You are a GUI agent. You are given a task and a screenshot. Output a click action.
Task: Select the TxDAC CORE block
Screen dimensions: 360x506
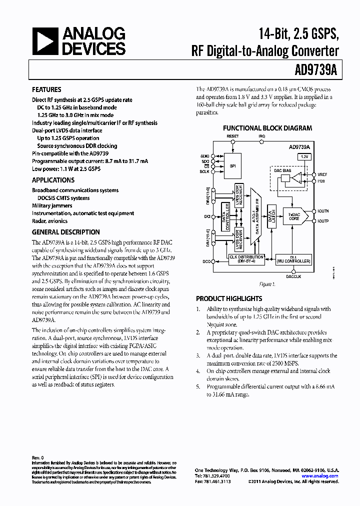293,216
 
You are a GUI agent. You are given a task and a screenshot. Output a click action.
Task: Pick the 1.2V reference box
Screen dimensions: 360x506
304,156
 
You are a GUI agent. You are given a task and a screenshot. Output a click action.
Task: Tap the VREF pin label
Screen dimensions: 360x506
322,175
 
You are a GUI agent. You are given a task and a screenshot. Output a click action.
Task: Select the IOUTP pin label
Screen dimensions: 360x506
323,221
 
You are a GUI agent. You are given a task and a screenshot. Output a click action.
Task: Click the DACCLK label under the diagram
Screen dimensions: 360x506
293,276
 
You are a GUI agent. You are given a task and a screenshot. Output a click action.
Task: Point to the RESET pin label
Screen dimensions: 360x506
232,136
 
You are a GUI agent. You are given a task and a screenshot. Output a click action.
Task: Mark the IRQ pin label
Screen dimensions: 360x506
262,136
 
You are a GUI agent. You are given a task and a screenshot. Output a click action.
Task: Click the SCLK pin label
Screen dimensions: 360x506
205,171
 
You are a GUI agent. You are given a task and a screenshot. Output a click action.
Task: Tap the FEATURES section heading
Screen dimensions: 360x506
46,90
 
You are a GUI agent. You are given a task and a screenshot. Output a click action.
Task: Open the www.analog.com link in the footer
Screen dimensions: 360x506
321,476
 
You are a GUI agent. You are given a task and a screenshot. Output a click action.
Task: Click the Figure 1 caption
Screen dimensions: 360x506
267,284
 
